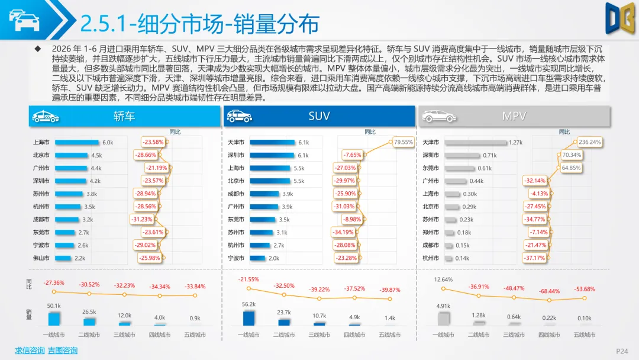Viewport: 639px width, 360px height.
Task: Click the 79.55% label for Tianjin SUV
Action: [x=404, y=142]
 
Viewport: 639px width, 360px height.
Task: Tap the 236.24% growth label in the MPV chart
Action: [x=590, y=142]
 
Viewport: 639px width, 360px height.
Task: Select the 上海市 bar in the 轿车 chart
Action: [x=77, y=142]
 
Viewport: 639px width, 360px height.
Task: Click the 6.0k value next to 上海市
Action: [x=108, y=142]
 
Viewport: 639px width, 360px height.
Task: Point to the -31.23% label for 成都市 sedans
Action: [x=142, y=219]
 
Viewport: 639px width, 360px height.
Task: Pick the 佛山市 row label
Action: [x=41, y=258]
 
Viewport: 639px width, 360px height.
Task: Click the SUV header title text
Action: [x=319, y=116]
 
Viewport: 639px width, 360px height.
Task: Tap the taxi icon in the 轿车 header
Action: [x=46, y=117]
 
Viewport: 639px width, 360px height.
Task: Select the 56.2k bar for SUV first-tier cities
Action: [x=248, y=318]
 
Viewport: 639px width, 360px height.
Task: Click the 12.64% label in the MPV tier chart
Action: [x=443, y=279]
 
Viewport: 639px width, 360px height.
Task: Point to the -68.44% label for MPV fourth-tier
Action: [x=549, y=291]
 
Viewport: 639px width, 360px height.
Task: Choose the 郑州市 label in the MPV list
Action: [x=431, y=232]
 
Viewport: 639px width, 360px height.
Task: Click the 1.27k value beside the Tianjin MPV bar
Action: [x=515, y=142]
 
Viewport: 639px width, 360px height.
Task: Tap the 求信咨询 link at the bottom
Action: [x=30, y=351]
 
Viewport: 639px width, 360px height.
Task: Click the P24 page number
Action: [x=622, y=351]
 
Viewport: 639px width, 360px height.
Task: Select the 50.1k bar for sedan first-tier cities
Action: [x=54, y=319]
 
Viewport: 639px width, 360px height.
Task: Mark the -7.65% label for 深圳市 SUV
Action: [x=352, y=155]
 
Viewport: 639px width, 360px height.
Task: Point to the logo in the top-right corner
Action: [x=620, y=18]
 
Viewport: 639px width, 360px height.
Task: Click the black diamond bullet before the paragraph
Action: [x=38, y=49]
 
